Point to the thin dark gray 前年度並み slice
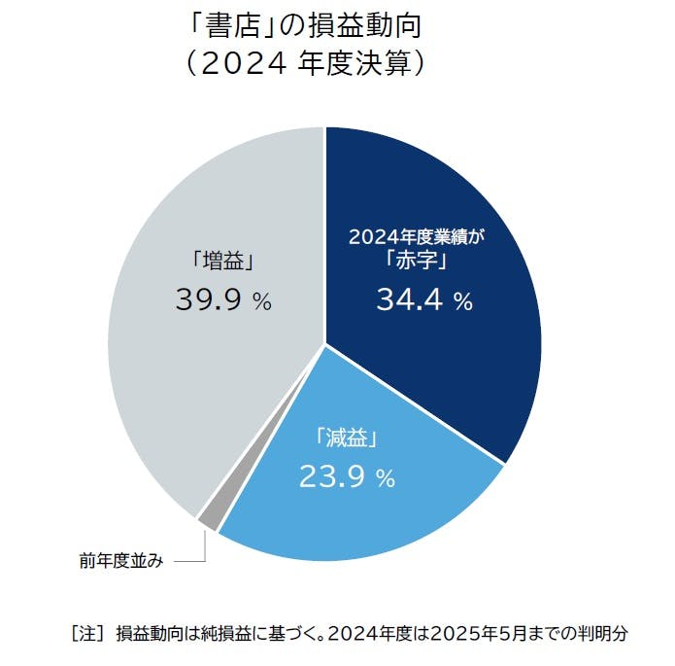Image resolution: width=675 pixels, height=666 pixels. click(x=208, y=520)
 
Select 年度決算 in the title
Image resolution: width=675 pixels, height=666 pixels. click(x=356, y=63)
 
